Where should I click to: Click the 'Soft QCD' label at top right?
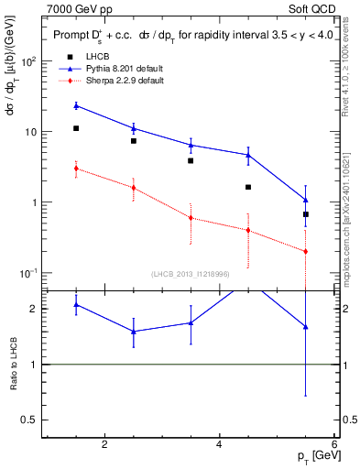(x=309, y=8)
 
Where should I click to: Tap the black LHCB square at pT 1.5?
(x=76, y=128)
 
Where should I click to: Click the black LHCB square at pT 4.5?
(x=248, y=187)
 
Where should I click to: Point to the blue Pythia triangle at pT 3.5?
(x=191, y=145)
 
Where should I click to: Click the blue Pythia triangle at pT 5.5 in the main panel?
(x=305, y=200)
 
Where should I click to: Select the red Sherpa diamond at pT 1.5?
(x=76, y=169)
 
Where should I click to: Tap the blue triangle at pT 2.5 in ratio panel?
(x=134, y=332)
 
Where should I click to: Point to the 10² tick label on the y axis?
(x=28, y=61)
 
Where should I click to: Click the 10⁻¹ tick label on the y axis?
(x=28, y=274)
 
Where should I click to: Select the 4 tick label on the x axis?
(x=219, y=445)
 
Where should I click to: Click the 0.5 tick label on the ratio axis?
(x=27, y=420)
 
